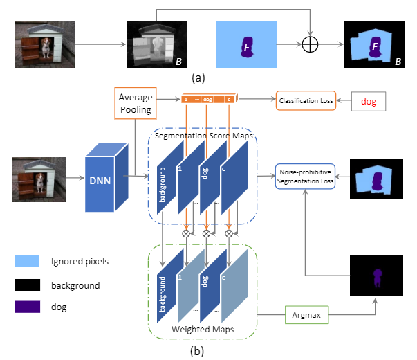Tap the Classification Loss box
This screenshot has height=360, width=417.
click(x=304, y=101)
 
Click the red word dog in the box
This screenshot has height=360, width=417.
click(x=369, y=101)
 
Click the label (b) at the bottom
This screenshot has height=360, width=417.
click(x=198, y=351)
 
